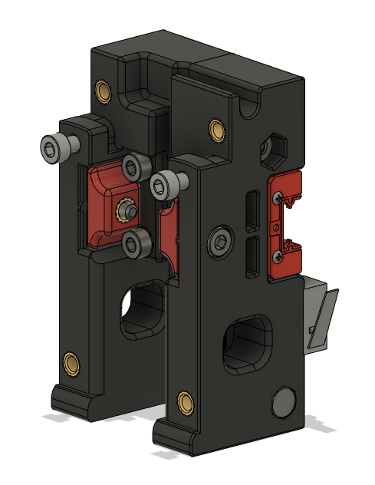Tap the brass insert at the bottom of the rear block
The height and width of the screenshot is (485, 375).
(72, 361)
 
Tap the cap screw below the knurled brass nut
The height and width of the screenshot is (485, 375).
(137, 243)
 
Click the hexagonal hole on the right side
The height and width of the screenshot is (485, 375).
(275, 146)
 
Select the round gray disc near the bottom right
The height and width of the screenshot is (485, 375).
(284, 402)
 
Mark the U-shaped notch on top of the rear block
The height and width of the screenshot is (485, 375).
(140, 77)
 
